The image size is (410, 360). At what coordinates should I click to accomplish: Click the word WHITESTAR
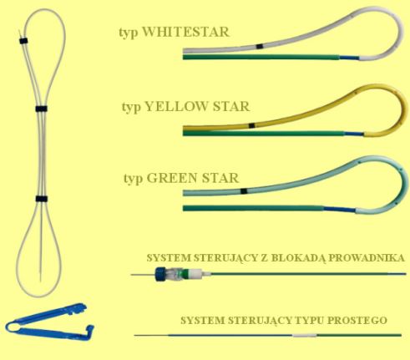coord(186,32)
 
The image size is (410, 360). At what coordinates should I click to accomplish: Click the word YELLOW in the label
coord(176,107)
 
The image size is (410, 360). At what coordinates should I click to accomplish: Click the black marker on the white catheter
coord(259,47)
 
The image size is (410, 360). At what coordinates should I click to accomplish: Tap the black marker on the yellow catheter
coord(252,125)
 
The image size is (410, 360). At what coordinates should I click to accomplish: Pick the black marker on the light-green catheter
coord(244,191)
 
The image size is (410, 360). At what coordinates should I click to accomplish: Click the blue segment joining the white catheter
coord(349,58)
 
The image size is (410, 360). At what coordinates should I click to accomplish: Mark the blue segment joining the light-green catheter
coord(340,210)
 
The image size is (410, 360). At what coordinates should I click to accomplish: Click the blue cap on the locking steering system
coord(161,274)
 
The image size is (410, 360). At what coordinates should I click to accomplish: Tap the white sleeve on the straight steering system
coord(304,335)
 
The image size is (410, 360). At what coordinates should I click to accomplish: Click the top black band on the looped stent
coord(24,41)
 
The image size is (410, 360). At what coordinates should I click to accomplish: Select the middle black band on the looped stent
coord(41,109)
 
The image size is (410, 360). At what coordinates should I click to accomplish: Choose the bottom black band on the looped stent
coord(41,199)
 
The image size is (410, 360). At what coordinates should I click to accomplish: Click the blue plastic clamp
coord(50,323)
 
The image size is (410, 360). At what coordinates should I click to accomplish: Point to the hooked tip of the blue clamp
coord(91,329)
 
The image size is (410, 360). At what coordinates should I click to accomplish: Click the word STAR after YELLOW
coord(231,107)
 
